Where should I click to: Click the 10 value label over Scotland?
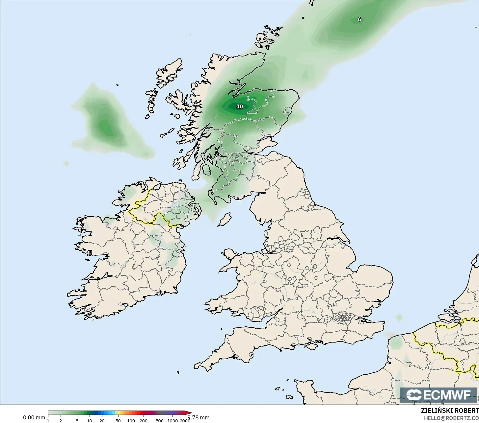coord(240,106)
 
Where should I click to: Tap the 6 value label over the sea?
coord(359,19)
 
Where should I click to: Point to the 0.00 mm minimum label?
coord(34,417)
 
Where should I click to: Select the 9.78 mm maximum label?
coord(199,417)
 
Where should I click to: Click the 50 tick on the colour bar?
coord(118,421)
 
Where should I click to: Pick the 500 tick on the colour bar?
coord(160,421)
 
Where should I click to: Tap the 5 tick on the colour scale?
coord(77,421)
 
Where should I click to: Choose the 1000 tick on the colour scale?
coord(173,421)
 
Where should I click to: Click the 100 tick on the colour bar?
coord(131,421)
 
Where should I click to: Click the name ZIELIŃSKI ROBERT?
coord(450,411)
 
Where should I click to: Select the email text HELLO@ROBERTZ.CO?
coord(451,418)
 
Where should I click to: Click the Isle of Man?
coord(225,220)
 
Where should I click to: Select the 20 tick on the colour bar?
coord(102,421)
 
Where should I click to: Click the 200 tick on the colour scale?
coord(144,421)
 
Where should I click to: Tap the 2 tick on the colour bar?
coord(61,421)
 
